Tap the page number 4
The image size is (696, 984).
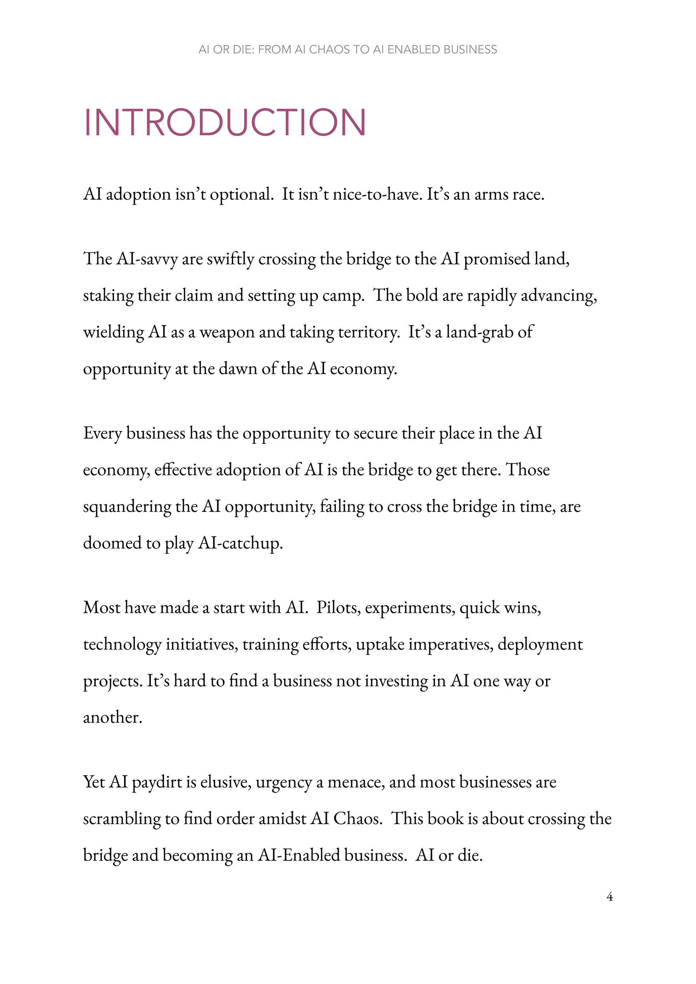pyautogui.click(x=609, y=896)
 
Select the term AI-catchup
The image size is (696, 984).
pyautogui.click(x=240, y=543)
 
